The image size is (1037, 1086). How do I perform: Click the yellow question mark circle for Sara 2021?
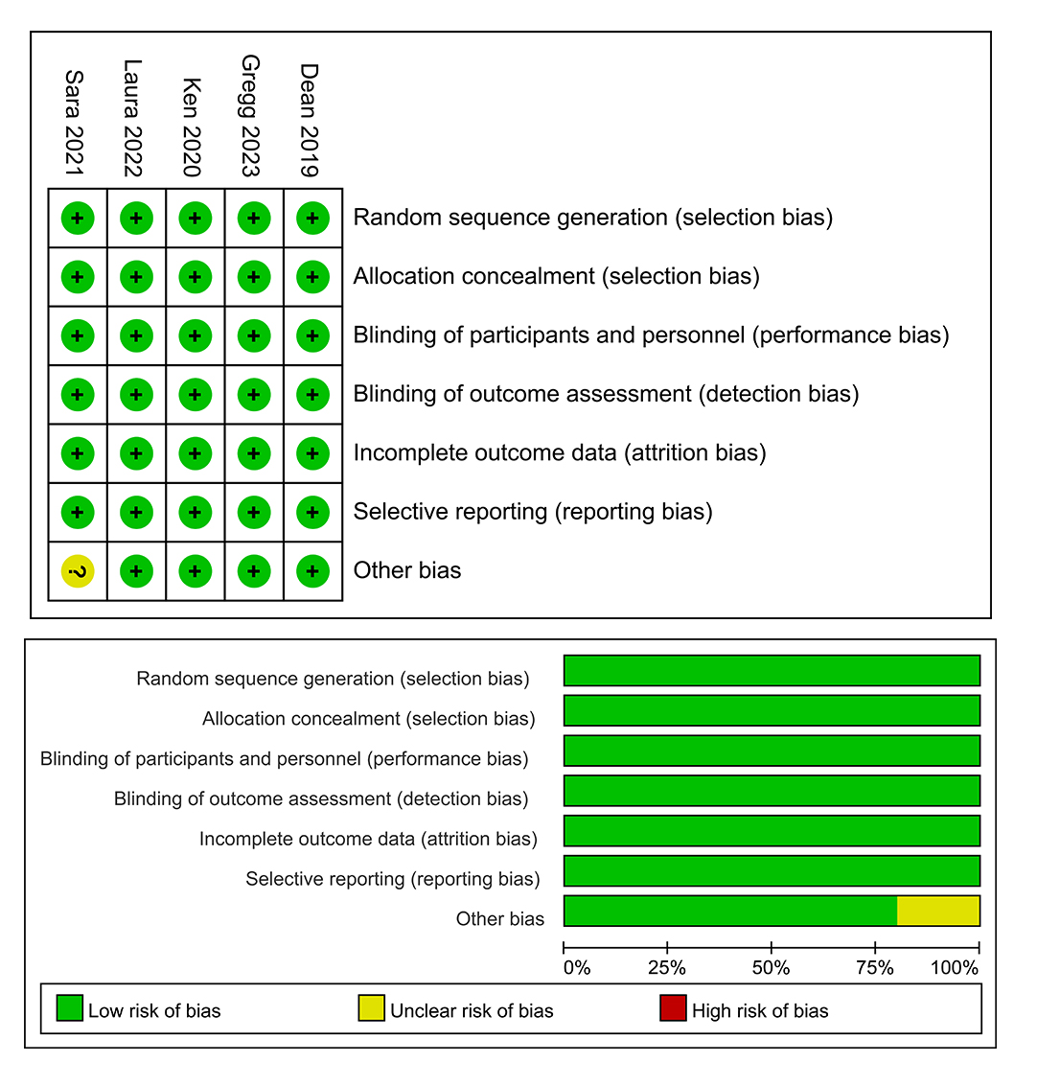pyautogui.click(x=78, y=572)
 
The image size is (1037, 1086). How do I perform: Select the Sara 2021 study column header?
pyautogui.click(x=76, y=122)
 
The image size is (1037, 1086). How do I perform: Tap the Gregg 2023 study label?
pyautogui.click(x=251, y=116)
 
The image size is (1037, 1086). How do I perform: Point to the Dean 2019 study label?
pyautogui.click(x=309, y=121)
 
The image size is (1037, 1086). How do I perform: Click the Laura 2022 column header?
pyautogui.click(x=133, y=119)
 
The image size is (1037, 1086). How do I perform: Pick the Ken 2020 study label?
pyautogui.click(x=192, y=127)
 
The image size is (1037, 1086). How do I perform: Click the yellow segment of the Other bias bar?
pyautogui.click(x=938, y=911)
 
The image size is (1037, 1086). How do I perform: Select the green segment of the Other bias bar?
pyautogui.click(x=730, y=911)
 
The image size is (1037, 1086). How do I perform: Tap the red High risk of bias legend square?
pyautogui.click(x=674, y=1008)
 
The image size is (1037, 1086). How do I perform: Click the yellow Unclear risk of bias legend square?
pyautogui.click(x=371, y=1008)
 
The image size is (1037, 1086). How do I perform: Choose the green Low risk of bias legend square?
pyautogui.click(x=70, y=1008)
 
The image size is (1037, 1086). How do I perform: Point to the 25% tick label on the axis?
pyautogui.click(x=667, y=968)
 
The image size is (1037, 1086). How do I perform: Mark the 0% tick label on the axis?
pyautogui.click(x=576, y=968)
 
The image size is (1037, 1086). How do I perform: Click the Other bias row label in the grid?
pyautogui.click(x=407, y=570)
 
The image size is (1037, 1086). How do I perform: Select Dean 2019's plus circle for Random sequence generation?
pyautogui.click(x=312, y=219)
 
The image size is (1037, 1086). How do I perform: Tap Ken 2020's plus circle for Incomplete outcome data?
pyautogui.click(x=195, y=453)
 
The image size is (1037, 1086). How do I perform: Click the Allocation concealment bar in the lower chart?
pyautogui.click(x=772, y=710)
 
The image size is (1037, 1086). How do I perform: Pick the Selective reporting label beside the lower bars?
pyautogui.click(x=393, y=879)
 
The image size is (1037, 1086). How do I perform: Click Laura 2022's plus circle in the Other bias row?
pyautogui.click(x=136, y=571)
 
